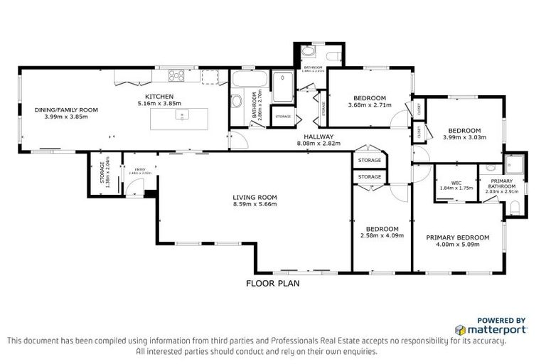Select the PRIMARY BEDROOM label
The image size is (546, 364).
457,237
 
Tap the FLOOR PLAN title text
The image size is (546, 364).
272,283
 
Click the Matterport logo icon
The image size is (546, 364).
461,330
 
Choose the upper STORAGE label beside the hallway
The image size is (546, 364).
370,161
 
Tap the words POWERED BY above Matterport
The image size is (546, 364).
502,320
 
